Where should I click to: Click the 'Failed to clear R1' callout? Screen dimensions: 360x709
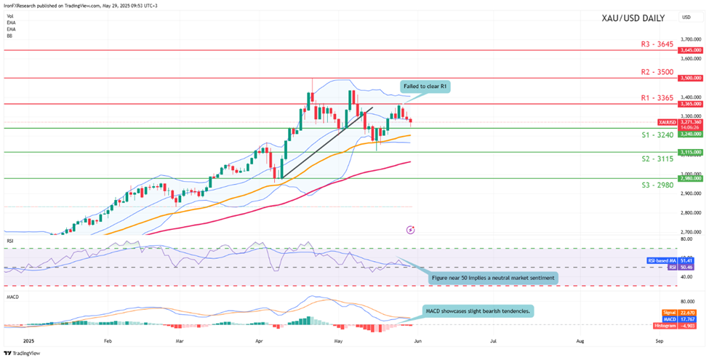point(425,87)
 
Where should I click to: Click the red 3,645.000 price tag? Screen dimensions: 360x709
point(689,50)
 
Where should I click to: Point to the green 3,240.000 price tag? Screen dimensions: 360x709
point(689,134)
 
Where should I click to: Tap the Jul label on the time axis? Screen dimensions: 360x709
point(493,340)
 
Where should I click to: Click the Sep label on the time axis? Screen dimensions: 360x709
point(660,340)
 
